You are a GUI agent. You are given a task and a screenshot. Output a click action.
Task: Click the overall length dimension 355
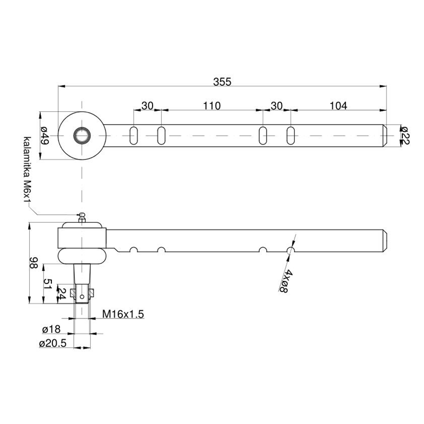(222, 82)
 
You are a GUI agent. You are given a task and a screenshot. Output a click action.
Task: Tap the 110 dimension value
(212, 105)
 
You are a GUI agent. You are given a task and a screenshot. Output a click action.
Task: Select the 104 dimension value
(338, 105)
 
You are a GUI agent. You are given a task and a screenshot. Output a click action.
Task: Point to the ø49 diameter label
(45, 136)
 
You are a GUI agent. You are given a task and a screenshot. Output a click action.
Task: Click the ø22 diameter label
(405, 136)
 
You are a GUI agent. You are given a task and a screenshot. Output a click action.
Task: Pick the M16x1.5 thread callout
(123, 314)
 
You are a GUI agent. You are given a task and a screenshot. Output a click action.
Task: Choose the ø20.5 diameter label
(52, 343)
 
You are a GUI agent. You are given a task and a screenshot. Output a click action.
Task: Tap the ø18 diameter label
(51, 329)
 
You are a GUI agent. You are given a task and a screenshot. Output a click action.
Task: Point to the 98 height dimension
(34, 263)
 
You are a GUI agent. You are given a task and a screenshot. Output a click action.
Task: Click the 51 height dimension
(48, 284)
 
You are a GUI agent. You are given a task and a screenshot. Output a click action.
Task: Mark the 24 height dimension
(62, 294)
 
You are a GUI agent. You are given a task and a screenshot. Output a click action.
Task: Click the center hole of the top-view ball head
(82, 136)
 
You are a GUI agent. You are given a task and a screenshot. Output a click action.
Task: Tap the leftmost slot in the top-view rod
(134, 136)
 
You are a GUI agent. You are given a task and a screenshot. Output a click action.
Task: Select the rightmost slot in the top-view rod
(290, 136)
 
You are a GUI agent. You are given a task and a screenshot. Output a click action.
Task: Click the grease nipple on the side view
(82, 217)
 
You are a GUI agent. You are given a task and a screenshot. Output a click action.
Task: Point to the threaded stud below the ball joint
(82, 284)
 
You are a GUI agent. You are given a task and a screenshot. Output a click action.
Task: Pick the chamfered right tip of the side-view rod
(385, 241)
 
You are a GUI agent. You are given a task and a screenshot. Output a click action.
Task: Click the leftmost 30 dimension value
(147, 105)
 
